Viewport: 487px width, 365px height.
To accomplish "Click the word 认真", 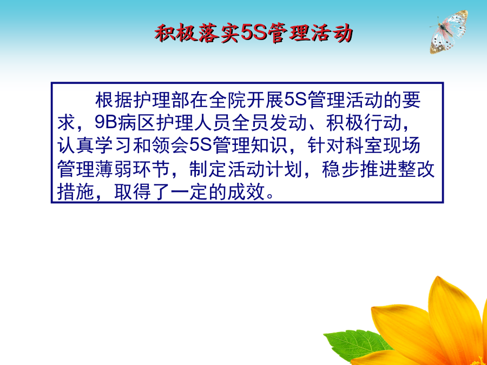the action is (x=76, y=145).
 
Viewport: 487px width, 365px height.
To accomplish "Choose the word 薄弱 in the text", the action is (x=114, y=169).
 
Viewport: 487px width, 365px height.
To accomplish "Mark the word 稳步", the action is (x=341, y=169).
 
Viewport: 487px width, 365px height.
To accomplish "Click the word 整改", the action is (x=417, y=169).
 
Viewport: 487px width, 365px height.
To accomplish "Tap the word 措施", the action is (x=76, y=193).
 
